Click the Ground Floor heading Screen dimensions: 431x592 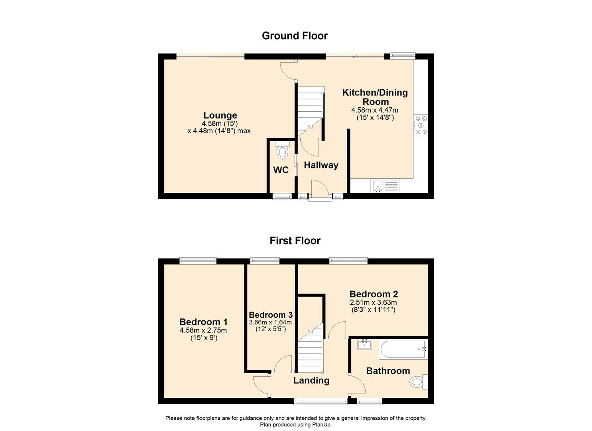point(295,36)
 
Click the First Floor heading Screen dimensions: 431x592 point(295,241)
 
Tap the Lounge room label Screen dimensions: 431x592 point(220,116)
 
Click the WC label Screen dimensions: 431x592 point(281,170)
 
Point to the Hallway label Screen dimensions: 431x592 point(321,165)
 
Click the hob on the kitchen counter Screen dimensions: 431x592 point(421,125)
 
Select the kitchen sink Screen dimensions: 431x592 point(377,186)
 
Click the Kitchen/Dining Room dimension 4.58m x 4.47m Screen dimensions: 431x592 point(374,110)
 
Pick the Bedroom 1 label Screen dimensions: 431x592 point(203,322)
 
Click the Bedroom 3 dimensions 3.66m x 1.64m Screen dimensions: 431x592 point(270,322)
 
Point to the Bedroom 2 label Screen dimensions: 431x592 point(374,295)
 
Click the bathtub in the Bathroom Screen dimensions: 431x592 point(403,350)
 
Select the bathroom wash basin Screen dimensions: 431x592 point(364,344)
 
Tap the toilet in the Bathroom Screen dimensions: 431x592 point(418,382)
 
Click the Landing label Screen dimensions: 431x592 point(311,381)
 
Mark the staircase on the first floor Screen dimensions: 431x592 point(310,347)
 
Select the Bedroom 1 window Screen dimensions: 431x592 point(198,261)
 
